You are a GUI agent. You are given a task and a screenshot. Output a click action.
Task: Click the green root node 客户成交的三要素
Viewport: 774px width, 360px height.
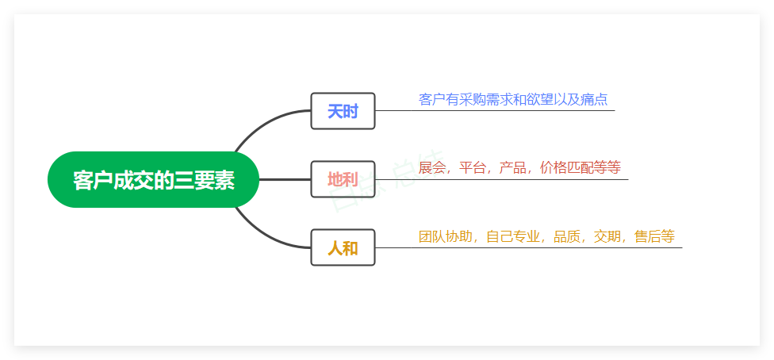point(154,180)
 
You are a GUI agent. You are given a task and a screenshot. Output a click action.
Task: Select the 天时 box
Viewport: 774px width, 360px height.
point(343,111)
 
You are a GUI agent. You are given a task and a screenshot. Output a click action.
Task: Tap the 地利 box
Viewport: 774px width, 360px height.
point(343,179)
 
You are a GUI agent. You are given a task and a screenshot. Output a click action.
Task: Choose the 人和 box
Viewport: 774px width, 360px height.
point(343,247)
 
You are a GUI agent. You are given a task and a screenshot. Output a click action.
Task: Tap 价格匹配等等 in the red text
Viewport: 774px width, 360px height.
point(580,168)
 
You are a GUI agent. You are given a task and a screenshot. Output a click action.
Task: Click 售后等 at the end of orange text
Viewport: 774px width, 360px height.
point(654,236)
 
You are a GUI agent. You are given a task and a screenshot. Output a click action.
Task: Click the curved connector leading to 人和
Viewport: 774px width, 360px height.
point(266,236)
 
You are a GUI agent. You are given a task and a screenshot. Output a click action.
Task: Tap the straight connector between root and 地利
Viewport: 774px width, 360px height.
point(285,179)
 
